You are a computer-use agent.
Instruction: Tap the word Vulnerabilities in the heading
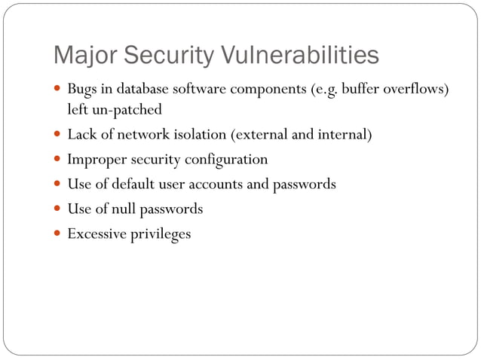pyautogui.click(x=301, y=56)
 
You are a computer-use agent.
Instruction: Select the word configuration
pyautogui.click(x=225, y=160)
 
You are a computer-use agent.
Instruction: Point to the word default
pyautogui.click(x=136, y=184)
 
